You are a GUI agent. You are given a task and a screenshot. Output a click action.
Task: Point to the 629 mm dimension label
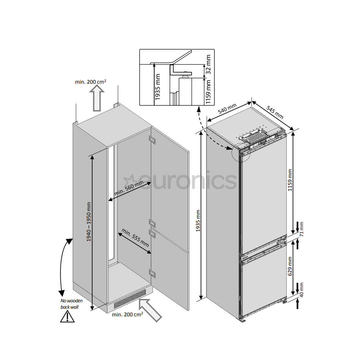pos(290,266)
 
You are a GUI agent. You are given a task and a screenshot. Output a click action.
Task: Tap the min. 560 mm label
pos(129,189)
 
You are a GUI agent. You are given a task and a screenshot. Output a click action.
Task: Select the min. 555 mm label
pos(135,237)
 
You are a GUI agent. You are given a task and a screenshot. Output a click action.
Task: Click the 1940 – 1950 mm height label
pos(89,222)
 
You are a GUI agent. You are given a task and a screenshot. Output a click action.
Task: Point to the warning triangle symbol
pos(67,316)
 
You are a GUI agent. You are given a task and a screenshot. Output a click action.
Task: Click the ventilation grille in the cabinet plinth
pos(130,299)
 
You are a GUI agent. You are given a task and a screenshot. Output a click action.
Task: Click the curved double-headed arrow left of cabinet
pos(64,267)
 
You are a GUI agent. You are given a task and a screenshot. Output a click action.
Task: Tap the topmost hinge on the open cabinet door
pos(153,140)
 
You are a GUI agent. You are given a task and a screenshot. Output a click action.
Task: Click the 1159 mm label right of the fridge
pos(290,180)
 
